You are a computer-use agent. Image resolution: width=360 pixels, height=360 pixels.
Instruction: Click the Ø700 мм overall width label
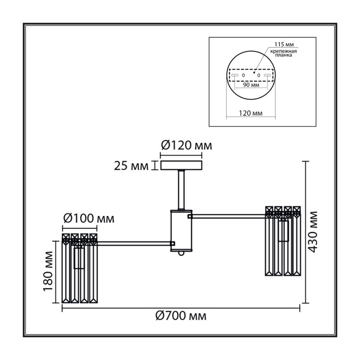pos(181,316)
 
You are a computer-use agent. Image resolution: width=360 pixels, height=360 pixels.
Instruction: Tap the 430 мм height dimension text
pos(312,232)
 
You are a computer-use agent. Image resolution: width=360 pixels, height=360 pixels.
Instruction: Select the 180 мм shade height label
pos(48,271)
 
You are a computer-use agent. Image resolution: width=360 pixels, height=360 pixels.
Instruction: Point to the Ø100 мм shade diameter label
pos(89,218)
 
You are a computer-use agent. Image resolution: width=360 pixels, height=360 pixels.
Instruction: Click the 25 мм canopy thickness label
pos(131,166)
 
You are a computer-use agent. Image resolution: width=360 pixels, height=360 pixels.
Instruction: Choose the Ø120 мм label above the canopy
pos(186,145)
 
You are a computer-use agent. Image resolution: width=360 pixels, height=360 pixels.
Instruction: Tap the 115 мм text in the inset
pos(284,44)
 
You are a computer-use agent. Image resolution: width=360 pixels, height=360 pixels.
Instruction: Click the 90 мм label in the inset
pos(251,85)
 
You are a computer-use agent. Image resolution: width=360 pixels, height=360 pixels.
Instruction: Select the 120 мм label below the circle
pos(251,113)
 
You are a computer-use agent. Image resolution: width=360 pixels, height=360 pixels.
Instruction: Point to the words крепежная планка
pos(283,53)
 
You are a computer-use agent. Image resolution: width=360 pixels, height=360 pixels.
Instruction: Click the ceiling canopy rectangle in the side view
pos(181,165)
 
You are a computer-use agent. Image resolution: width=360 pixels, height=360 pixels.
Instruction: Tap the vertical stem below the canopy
pos(181,189)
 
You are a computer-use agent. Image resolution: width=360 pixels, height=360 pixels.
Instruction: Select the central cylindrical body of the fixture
pos(181,230)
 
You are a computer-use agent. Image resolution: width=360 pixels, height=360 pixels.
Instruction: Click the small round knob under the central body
pos(181,253)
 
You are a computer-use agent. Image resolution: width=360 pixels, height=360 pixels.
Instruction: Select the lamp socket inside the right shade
pos(283,230)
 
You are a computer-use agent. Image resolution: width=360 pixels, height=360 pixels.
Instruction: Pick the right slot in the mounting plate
pos(267,75)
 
